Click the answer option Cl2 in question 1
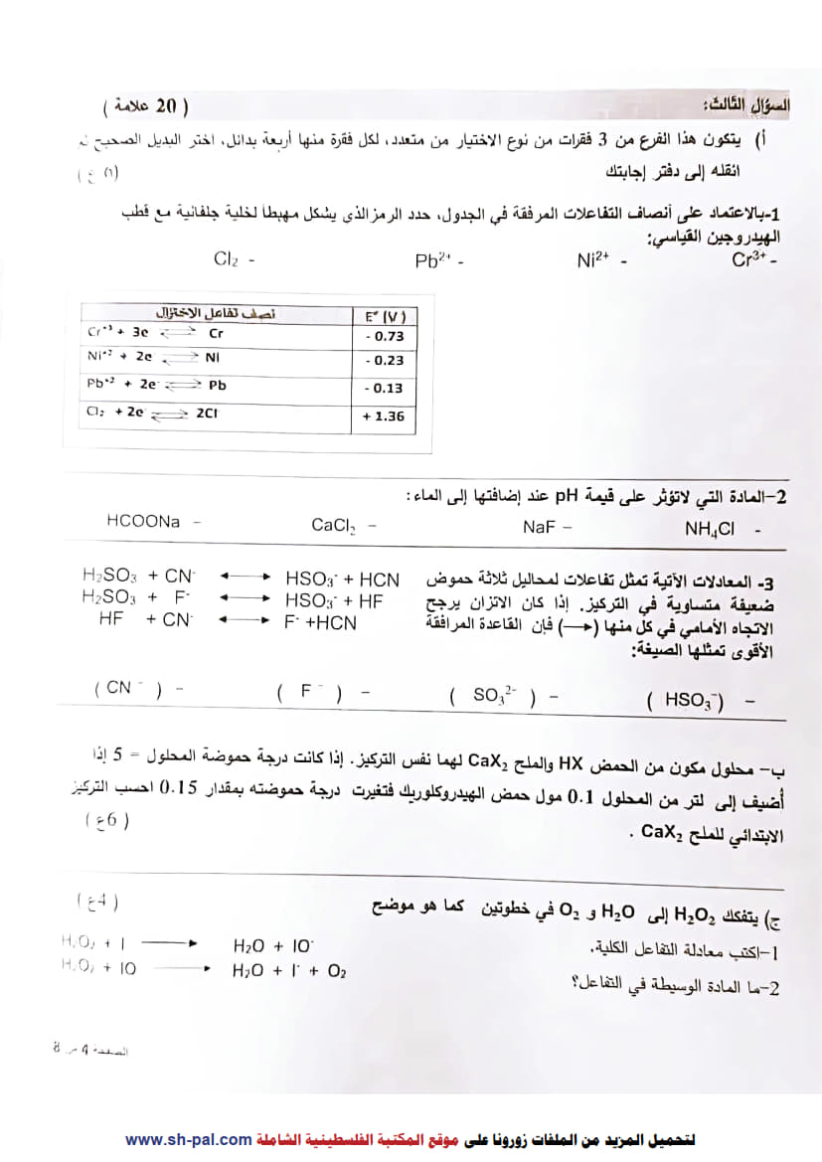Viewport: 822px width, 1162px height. pos(227,259)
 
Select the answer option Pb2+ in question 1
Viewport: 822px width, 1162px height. pos(434,261)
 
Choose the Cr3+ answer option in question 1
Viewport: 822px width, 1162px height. pos(750,260)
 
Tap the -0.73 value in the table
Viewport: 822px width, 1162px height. pos(384,336)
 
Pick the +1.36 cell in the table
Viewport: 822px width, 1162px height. pos(384,416)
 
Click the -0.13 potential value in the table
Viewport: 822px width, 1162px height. pos(384,389)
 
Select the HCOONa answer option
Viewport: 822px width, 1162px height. pos(144,521)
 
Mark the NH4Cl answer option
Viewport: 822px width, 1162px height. pos(709,530)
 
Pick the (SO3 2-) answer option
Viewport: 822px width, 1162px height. pos(492,697)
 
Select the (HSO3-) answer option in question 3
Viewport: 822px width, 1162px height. pos(685,701)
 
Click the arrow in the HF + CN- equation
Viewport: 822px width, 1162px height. pos(246,622)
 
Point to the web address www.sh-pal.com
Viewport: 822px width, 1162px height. pos(189,1140)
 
